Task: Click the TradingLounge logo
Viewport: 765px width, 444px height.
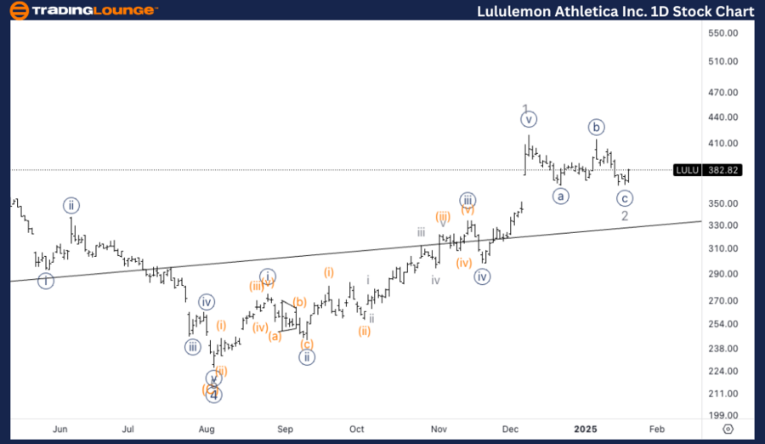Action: pyautogui.click(x=83, y=10)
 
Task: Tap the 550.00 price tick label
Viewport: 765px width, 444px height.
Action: pyautogui.click(x=727, y=33)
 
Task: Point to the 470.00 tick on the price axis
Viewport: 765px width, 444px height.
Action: pyautogui.click(x=727, y=93)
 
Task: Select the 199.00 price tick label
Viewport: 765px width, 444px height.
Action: pyautogui.click(x=727, y=415)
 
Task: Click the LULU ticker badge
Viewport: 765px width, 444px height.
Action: pyautogui.click(x=686, y=170)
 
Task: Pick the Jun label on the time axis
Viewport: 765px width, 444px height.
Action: pyautogui.click(x=60, y=430)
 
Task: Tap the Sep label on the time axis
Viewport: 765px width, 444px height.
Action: pyautogui.click(x=286, y=430)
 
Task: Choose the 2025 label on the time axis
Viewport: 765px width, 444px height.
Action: pyautogui.click(x=584, y=430)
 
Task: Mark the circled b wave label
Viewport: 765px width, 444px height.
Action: pyautogui.click(x=597, y=128)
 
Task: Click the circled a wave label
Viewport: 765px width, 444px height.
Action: pyautogui.click(x=560, y=196)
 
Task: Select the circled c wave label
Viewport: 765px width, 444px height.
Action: pyautogui.click(x=625, y=198)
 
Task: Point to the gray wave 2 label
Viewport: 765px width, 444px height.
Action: pyautogui.click(x=625, y=216)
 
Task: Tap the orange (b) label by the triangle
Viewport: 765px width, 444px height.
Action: pyautogui.click(x=299, y=301)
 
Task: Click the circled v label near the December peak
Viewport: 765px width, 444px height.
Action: pyautogui.click(x=529, y=120)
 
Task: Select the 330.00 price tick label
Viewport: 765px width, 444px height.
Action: pyautogui.click(x=727, y=225)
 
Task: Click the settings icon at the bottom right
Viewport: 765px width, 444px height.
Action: pyautogui.click(x=728, y=430)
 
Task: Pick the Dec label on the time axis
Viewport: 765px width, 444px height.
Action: pyautogui.click(x=511, y=430)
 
